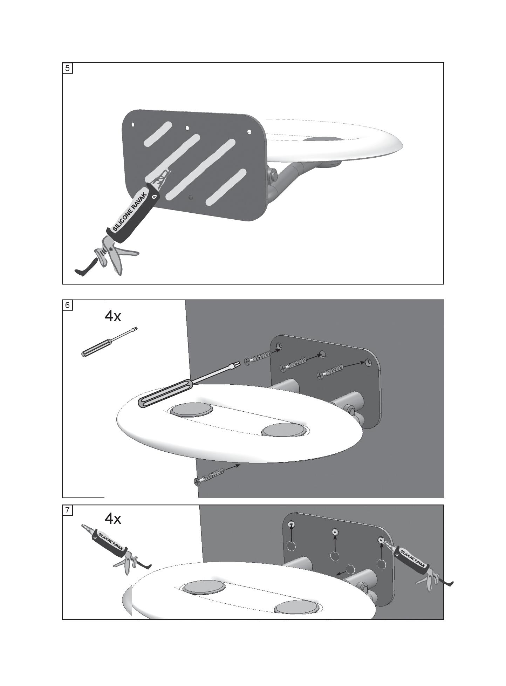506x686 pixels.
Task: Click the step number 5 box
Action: [x=68, y=68]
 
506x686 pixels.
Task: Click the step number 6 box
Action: [x=68, y=305]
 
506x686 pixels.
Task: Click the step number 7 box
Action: [x=68, y=510]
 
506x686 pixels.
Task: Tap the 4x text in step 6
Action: [x=113, y=316]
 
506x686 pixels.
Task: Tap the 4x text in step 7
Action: [x=113, y=519]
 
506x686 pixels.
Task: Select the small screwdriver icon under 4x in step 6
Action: [x=109, y=342]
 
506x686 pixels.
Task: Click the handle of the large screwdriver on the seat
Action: [x=165, y=394]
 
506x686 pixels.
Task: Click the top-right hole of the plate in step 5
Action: [x=249, y=132]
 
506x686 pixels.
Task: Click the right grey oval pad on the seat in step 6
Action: [x=285, y=430]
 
